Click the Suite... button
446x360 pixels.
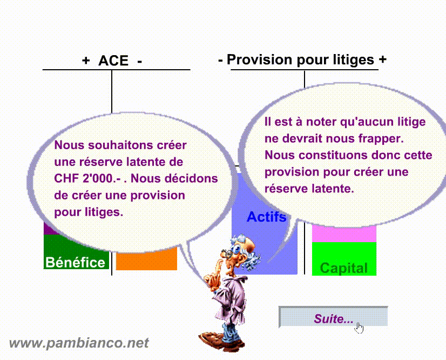333,316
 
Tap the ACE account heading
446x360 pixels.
113,61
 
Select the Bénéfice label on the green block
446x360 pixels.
76,262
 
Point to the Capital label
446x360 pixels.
344,268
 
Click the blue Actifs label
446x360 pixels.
267,217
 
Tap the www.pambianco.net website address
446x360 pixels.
79,343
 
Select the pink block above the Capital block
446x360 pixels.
344,234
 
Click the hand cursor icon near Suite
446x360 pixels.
359,328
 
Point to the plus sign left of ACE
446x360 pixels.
86,61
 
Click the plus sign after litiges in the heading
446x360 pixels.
383,59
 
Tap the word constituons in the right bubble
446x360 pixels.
333,156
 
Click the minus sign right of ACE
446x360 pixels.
140,62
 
